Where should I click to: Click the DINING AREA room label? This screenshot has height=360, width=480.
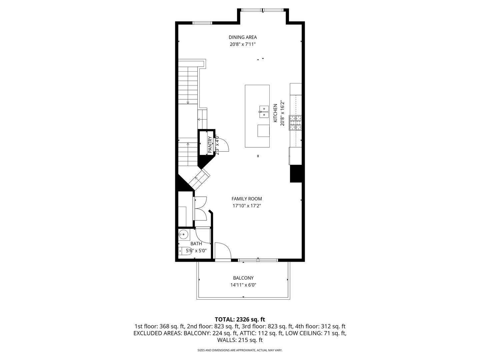pos(242,37)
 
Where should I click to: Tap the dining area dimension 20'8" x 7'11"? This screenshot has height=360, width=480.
pos(242,44)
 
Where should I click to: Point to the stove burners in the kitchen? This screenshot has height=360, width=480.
pos(295,122)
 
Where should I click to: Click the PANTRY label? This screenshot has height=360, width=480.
pos(210,145)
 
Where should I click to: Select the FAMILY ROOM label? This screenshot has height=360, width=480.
pos(247,199)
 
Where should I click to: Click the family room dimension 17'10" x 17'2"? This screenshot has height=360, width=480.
pos(247,206)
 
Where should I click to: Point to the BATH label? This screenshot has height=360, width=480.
pos(196,244)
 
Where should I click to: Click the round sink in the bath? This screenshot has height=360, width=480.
pos(183,234)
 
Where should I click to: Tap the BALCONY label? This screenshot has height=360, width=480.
pos(243,278)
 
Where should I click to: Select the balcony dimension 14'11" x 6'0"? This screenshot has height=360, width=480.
pos(243,285)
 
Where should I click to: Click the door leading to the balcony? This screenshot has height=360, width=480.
pos(223,252)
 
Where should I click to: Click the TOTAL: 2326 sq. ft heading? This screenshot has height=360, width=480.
pos(240,319)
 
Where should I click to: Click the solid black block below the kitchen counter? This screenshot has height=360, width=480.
pos(296,173)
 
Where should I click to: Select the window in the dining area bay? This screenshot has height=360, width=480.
pos(263,10)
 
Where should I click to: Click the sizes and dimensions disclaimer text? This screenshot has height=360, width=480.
pos(240,350)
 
